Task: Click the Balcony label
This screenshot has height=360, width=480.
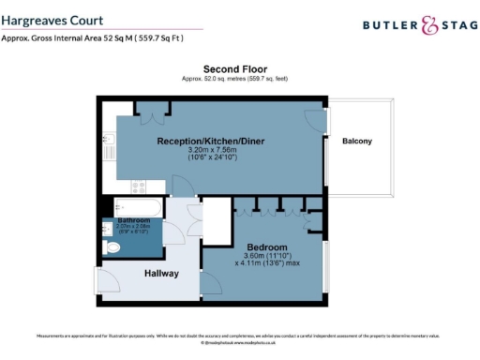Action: (357, 142)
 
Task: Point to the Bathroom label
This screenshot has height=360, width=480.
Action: (122, 220)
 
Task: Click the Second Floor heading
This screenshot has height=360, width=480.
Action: (235, 69)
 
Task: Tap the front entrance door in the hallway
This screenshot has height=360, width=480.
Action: (109, 280)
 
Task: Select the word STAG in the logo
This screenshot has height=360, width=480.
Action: (456, 28)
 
